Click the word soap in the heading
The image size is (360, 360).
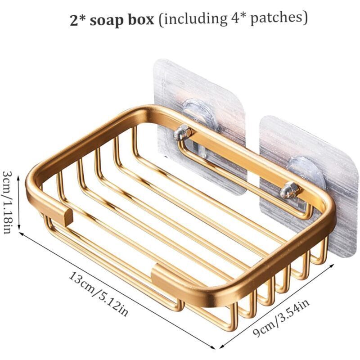(x=106, y=21)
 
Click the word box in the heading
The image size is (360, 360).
(x=140, y=20)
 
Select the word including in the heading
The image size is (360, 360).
(x=195, y=19)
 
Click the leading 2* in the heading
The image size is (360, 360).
(x=77, y=20)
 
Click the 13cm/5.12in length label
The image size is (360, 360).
(x=98, y=294)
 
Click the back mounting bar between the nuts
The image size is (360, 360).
(x=237, y=161)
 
